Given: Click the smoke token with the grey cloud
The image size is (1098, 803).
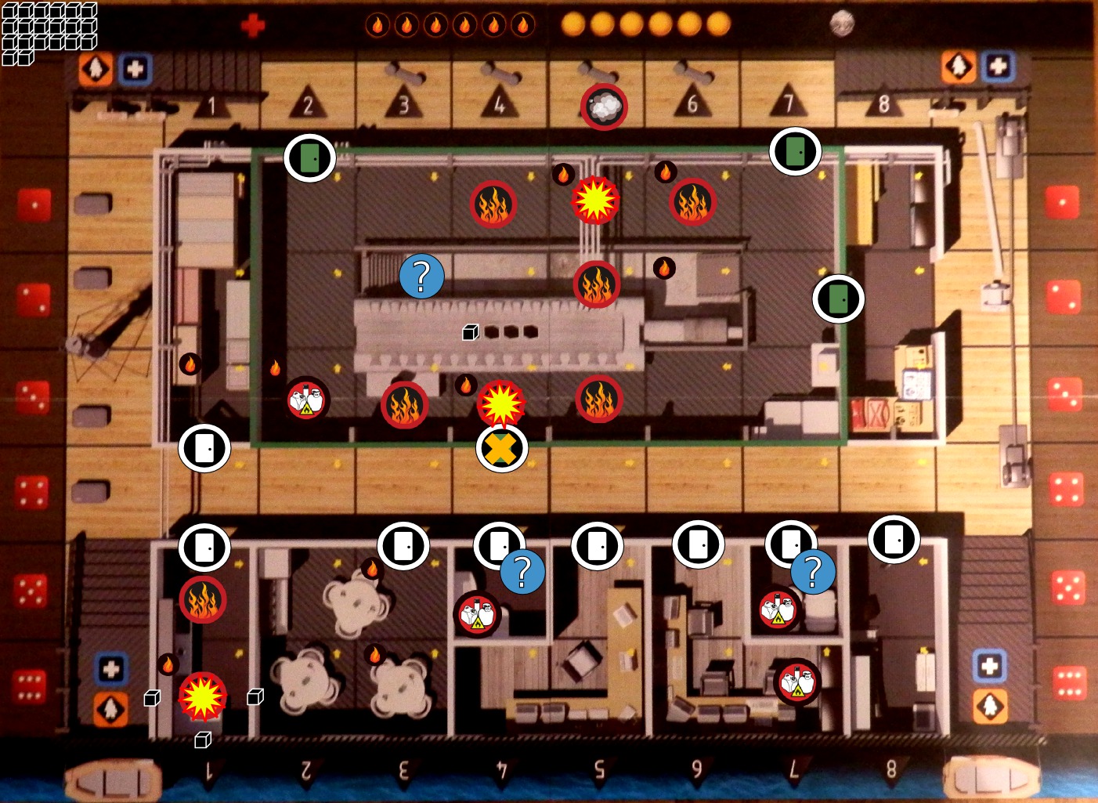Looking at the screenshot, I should tap(603, 106).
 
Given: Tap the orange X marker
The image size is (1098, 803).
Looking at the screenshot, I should tap(502, 448).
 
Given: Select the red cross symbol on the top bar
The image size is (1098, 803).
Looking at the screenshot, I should tap(253, 26).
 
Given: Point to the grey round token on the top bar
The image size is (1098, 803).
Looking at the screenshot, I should tap(841, 24).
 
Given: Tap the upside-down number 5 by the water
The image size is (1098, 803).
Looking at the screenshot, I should tap(599, 769).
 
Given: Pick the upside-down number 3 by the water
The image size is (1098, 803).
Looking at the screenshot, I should tap(404, 769).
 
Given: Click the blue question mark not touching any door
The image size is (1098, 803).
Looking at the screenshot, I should tap(421, 276).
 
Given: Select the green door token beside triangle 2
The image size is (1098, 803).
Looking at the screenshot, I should tap(310, 157).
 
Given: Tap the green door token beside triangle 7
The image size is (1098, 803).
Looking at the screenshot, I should tap(795, 151).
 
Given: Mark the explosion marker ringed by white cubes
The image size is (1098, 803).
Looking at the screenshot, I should tap(203, 696).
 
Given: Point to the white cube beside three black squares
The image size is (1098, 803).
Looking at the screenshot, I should tap(470, 332).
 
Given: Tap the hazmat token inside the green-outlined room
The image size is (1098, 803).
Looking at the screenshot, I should tap(306, 400).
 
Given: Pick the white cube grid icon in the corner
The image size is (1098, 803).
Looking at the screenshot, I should tap(49, 33).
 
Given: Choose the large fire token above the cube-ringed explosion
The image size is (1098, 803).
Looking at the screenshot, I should tap(203, 600).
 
